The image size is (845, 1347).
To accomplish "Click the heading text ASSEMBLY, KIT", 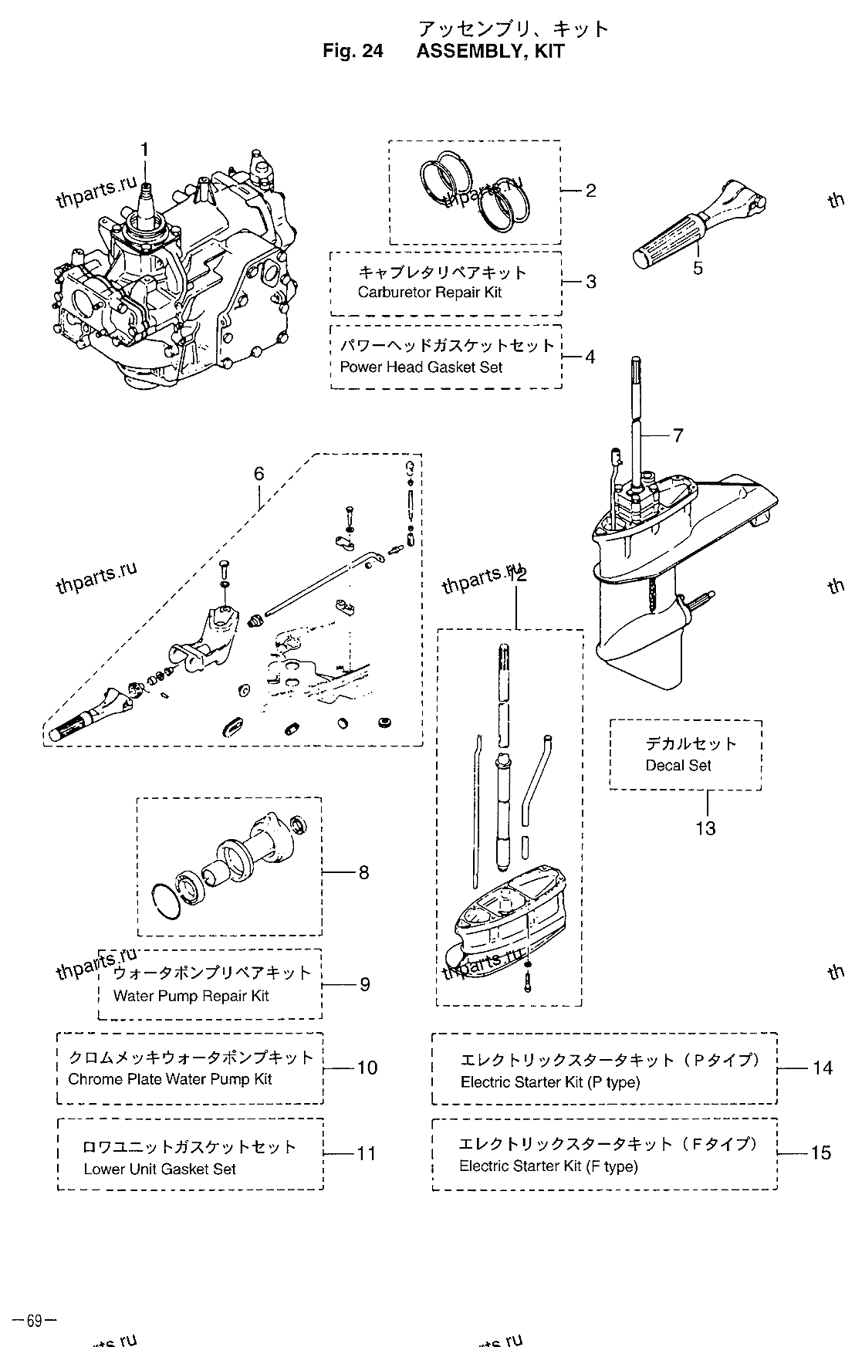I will [490, 52].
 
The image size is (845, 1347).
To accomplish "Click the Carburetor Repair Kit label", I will [430, 293].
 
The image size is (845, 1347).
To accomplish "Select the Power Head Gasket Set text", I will [421, 367].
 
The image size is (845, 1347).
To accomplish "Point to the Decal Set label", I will [678, 766].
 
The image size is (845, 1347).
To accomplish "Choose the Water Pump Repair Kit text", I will [191, 996].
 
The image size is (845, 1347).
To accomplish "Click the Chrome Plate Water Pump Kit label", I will [170, 1079].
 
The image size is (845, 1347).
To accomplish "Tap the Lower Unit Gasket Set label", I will [160, 1169].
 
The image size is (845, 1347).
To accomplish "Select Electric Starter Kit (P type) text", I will [549, 1082].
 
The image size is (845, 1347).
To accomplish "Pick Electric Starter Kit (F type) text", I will [548, 1166].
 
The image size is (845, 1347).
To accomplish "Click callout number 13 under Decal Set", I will [705, 828].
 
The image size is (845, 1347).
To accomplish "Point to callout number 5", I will [698, 269].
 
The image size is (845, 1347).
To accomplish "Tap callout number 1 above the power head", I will [144, 151].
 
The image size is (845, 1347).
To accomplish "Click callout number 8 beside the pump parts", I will [363, 872].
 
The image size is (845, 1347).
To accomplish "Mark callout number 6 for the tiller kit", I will [259, 472].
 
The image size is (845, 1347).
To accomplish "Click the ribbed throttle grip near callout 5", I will [666, 245].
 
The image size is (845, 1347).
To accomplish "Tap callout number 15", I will [820, 1152].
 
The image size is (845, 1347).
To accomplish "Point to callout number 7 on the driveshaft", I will [678, 436].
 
